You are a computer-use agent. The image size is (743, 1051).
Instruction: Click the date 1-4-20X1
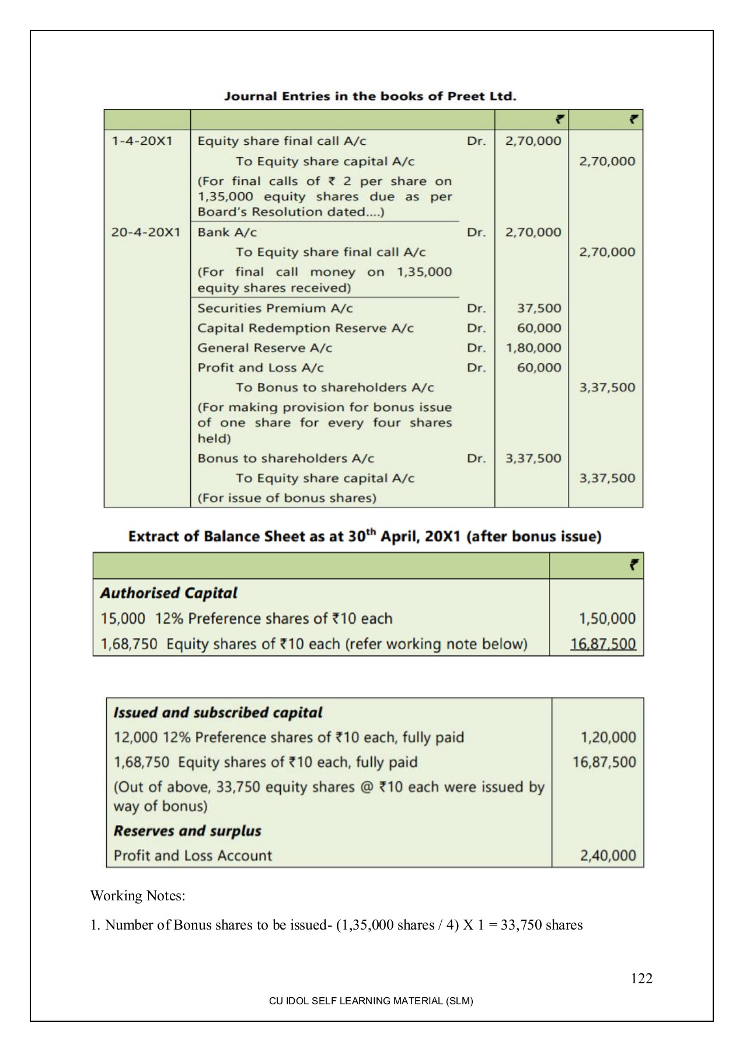142,141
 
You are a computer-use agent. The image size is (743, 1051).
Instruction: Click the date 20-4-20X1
146,232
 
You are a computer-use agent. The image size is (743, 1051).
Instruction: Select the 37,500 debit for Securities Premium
539,308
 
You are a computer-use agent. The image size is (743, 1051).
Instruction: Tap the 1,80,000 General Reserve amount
533,348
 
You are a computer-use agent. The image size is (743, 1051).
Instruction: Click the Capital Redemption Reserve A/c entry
305,328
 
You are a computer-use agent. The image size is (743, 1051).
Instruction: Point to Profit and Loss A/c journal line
260,368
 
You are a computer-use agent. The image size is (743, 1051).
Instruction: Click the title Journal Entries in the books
370,96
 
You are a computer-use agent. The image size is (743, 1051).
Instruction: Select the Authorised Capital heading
169,593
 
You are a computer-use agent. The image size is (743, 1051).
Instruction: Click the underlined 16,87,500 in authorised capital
603,644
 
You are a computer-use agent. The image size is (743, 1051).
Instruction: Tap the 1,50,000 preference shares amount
607,618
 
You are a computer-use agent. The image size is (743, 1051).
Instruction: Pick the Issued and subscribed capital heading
218,712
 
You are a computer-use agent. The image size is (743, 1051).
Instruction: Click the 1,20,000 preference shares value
608,737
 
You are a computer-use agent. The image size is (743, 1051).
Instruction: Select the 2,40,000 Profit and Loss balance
608,855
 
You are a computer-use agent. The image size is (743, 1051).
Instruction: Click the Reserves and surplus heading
187,831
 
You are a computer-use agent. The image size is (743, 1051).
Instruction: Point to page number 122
641,979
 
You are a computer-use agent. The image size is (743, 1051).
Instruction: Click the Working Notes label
138,896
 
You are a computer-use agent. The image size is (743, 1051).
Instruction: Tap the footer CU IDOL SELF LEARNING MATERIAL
371,1001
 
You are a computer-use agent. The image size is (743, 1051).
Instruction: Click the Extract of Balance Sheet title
364,537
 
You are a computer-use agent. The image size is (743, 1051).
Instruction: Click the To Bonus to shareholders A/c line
334,388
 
